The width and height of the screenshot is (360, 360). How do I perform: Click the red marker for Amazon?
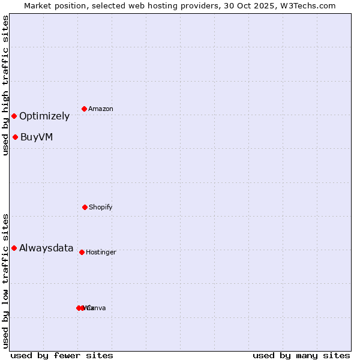(x=85, y=109)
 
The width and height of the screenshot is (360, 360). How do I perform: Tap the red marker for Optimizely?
(x=14, y=116)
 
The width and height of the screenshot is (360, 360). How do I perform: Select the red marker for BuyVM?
(x=15, y=137)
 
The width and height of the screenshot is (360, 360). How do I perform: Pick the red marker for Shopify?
(x=85, y=207)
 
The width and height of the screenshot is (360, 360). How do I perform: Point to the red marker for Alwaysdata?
(x=14, y=248)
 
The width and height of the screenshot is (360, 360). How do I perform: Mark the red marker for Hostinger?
(x=82, y=252)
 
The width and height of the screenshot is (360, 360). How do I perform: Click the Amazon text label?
(x=101, y=109)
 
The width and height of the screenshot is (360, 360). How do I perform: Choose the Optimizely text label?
(x=44, y=116)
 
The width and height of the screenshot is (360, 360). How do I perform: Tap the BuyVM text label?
(x=37, y=137)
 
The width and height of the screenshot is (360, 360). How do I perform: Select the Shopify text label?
(x=101, y=207)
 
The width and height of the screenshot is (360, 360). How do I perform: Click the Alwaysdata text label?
(x=46, y=248)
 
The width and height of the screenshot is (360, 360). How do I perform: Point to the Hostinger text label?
(x=101, y=252)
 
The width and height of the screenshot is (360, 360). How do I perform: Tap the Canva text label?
(x=97, y=308)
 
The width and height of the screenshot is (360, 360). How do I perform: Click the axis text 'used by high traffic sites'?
(x=5, y=85)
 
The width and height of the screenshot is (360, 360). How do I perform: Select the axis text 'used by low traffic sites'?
(x=5, y=281)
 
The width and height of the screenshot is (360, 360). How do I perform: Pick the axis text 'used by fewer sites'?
(x=62, y=355)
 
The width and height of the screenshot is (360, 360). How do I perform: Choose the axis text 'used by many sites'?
(x=301, y=355)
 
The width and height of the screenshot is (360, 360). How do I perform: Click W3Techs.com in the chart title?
(x=308, y=5)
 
